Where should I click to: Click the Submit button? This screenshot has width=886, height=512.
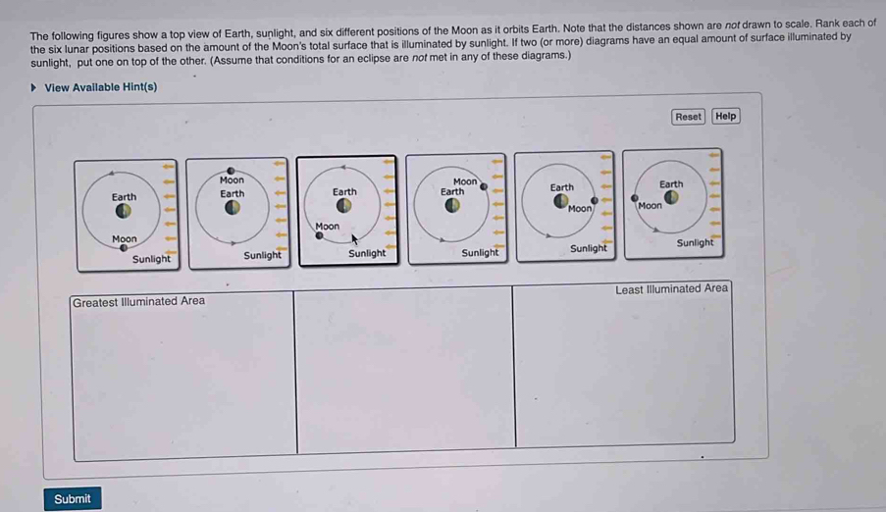click(x=73, y=498)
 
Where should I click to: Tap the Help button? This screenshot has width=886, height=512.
click(x=725, y=116)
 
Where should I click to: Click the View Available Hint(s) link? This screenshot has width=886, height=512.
click(x=100, y=87)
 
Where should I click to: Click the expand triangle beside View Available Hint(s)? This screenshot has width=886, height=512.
click(x=35, y=87)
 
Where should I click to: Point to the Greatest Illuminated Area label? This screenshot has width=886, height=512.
click(x=138, y=301)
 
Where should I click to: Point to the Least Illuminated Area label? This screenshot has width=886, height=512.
click(x=671, y=288)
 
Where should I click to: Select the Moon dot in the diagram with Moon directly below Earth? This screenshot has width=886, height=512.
click(x=124, y=249)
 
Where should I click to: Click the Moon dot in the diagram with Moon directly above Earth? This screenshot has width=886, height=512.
click(x=232, y=171)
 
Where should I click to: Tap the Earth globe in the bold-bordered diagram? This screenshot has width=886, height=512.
click(x=344, y=206)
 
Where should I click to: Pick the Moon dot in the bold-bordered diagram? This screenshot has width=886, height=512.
click(x=318, y=235)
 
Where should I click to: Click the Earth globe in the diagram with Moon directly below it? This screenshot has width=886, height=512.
click(x=124, y=211)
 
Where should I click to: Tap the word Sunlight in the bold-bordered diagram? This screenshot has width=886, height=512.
click(x=367, y=254)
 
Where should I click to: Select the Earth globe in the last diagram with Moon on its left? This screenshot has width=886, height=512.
click(x=672, y=199)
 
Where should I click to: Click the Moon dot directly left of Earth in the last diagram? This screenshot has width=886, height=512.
click(x=633, y=197)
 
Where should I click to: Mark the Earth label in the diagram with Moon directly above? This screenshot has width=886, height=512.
click(x=232, y=194)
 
